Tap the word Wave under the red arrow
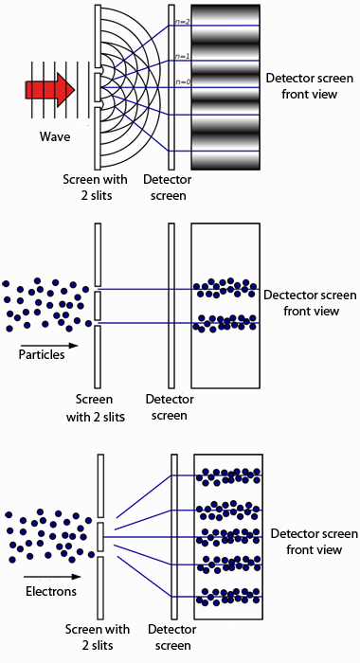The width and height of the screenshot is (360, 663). pyautogui.click(x=55, y=137)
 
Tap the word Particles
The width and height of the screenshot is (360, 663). pyautogui.click(x=41, y=355)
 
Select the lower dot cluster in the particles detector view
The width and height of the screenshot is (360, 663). pyautogui.click(x=224, y=323)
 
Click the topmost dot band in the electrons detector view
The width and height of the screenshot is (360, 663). pyautogui.click(x=225, y=475)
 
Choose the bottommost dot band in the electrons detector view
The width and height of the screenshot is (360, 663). pyautogui.click(x=225, y=598)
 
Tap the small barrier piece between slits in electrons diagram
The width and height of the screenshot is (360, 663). pyautogui.click(x=99, y=537)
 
